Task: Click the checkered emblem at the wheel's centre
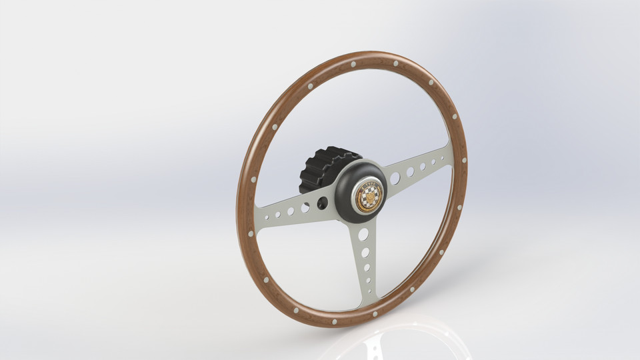click(x=368, y=197)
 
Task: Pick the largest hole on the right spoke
click(x=395, y=178)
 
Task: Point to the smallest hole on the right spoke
click(x=441, y=159)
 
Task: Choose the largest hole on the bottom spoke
click(x=363, y=235)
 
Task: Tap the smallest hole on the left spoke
click(x=267, y=217)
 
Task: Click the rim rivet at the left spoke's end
click(x=251, y=233)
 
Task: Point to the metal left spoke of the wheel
click(x=287, y=213)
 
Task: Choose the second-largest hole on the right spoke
click(x=410, y=172)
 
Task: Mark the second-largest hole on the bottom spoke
click(x=365, y=253)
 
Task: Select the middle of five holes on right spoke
click(x=423, y=167)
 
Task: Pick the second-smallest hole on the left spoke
click(x=278, y=214)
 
